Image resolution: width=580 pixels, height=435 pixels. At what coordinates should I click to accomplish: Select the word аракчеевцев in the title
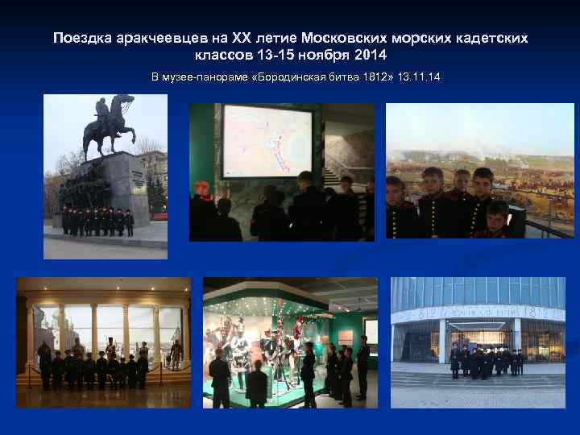pos(159,39)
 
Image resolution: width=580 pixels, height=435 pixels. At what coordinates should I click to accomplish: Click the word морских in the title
pos(426,39)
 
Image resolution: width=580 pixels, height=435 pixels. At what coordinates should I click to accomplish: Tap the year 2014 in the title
pos(371,56)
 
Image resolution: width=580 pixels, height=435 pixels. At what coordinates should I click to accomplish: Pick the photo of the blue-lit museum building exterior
pos(478,342)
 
